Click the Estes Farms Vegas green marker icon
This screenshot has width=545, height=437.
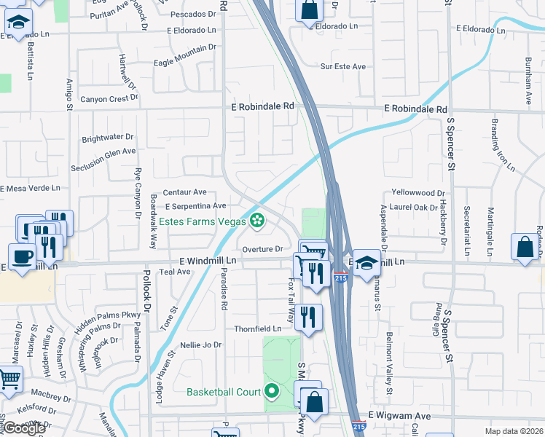[x=257, y=219]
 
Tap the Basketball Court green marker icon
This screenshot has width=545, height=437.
[x=272, y=392]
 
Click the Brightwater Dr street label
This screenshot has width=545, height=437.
[x=109, y=136]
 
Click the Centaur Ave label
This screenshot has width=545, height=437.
[x=184, y=192]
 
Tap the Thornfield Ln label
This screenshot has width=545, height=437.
[x=257, y=328]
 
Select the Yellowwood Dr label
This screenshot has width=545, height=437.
[x=417, y=193]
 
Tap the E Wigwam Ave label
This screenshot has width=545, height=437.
[x=400, y=415]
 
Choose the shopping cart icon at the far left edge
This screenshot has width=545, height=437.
[x=9, y=379]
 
